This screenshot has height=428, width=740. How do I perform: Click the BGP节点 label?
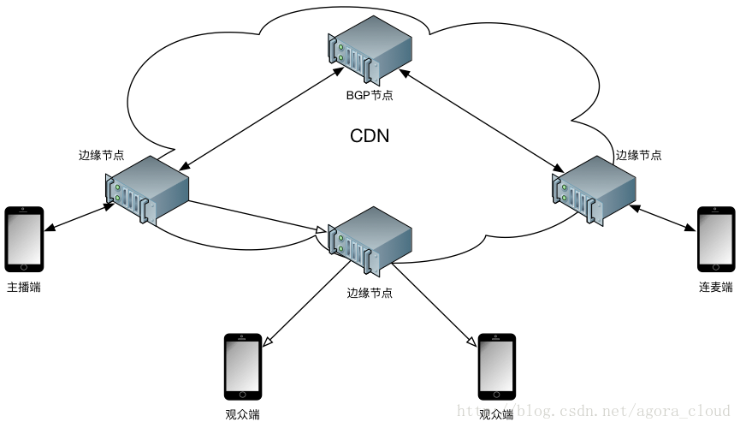click(x=370, y=96)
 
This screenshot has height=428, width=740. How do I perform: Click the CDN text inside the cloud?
click(x=370, y=136)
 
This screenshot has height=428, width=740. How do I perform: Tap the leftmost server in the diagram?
click(x=146, y=190)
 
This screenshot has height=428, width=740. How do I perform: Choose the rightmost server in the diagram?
click(x=594, y=190)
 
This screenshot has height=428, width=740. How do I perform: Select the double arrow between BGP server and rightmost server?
click(x=479, y=117)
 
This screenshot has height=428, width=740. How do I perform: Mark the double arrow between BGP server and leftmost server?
click(x=258, y=118)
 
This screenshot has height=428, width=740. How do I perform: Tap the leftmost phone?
click(x=24, y=239)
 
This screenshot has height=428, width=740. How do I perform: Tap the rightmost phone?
click(x=715, y=239)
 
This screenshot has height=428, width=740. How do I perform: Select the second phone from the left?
click(x=242, y=366)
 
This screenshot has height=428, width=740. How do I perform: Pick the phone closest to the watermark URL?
click(x=496, y=366)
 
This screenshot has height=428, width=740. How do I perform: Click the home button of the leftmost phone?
click(x=24, y=268)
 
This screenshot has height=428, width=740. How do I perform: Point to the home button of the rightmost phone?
click(x=715, y=268)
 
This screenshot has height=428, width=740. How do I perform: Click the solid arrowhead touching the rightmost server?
click(x=559, y=168)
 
